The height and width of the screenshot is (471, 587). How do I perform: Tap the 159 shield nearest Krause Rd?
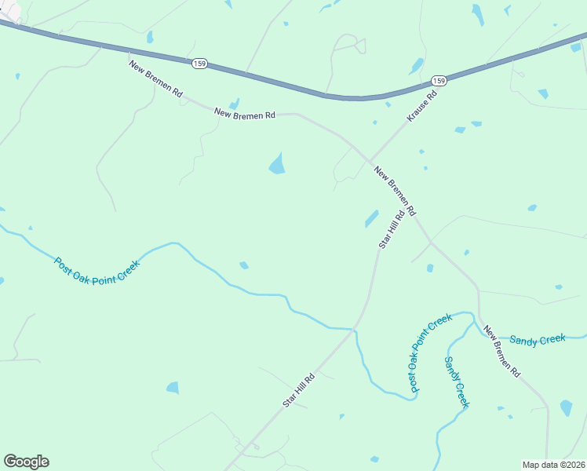(439, 81)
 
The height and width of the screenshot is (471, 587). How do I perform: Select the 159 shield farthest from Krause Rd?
(199, 63)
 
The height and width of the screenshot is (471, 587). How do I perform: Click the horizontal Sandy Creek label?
(537, 339)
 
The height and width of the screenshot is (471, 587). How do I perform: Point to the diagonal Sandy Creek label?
(456, 382)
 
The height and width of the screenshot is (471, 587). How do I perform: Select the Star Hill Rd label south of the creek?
(299, 389)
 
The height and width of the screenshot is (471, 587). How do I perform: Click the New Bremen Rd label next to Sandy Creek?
(502, 352)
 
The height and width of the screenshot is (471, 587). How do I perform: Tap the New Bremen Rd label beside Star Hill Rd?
(395, 192)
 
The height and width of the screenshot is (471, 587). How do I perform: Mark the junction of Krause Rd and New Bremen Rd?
(369, 161)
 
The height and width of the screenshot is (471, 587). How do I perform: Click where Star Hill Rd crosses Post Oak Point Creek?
(355, 328)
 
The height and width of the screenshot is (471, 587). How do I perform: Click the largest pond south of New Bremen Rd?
(277, 163)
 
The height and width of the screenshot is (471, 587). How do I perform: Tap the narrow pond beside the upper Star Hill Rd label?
(371, 218)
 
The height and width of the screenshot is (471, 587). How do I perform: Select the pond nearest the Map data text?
(566, 407)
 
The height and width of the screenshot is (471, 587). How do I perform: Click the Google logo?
(26, 462)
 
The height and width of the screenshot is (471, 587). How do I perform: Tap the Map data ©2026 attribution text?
(553, 465)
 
